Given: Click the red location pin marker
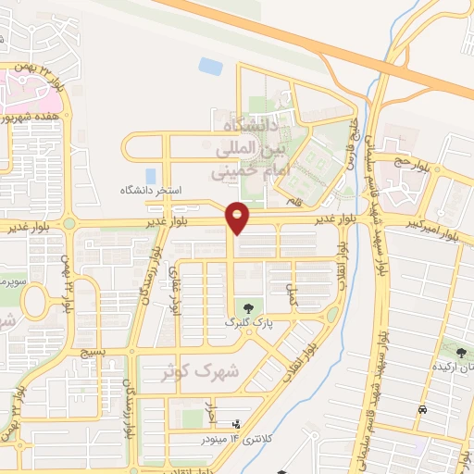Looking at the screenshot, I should (x=239, y=218).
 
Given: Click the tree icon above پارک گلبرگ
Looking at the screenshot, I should (x=247, y=307).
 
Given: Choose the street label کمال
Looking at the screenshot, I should (x=293, y=295).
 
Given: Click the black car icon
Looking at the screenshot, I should (x=422, y=409).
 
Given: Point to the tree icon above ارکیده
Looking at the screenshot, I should (x=460, y=351).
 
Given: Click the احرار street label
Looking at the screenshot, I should (x=211, y=407).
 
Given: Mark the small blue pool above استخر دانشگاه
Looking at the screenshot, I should (x=210, y=67).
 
